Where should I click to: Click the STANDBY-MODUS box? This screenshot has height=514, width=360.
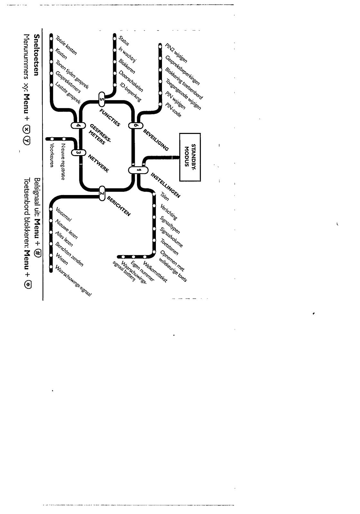point(190,157)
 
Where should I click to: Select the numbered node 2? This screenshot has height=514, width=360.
point(102,193)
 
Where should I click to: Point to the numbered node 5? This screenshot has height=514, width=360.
point(102,99)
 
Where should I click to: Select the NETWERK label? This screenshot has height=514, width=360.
point(98,164)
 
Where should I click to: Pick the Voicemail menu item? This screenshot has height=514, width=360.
point(64,215)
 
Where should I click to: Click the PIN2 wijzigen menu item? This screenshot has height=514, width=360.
point(176,52)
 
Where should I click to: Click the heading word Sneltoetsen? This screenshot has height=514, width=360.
point(37,55)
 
